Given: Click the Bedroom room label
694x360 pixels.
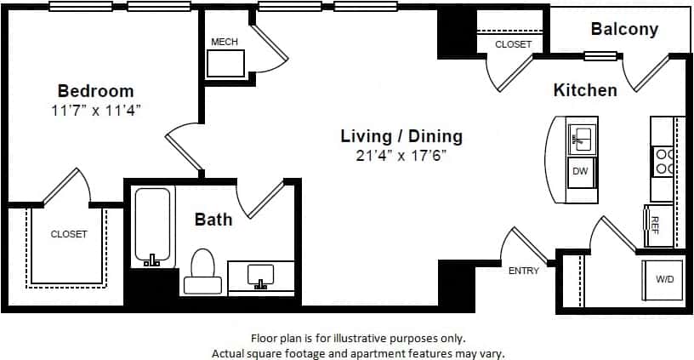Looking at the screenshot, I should pos(95,91).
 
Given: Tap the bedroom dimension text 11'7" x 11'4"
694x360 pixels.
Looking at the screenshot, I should pos(95,110).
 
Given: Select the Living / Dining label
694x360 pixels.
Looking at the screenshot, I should pos(401,136).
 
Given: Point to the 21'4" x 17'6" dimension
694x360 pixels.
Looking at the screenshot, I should pos(401,156).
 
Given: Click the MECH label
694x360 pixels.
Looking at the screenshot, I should pos(225,42).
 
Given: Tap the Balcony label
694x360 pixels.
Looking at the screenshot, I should pos(624,30).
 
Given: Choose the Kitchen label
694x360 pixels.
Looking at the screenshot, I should pos(585,89).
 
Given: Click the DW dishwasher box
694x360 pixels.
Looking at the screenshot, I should pos(581,173).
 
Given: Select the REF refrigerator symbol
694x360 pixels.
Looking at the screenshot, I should pos(656,225).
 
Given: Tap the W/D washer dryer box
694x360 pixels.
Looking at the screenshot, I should pos(664,278).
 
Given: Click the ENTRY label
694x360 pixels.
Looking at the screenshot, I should pos(523,271).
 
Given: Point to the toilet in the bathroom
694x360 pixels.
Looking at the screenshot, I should pos(202,265).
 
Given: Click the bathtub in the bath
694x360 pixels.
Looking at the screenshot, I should pos(154,226).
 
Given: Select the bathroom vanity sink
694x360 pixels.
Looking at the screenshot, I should pos(259,275).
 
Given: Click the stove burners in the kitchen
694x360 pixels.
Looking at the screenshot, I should pos(663,162).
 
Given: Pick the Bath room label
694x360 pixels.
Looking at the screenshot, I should pos(213,220).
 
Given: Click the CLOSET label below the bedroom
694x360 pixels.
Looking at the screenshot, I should pos(69,234).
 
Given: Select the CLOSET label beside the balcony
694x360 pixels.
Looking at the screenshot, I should pos(513,44).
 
